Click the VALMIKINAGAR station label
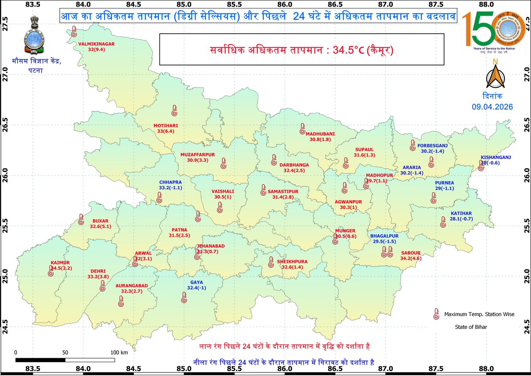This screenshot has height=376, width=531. [97, 44]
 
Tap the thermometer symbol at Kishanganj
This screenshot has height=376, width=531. [481, 167]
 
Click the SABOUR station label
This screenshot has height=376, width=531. [411, 253]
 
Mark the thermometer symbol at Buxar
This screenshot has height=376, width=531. [81, 219]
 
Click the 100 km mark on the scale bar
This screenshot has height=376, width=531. [118, 352]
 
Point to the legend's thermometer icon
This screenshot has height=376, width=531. [436, 314]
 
